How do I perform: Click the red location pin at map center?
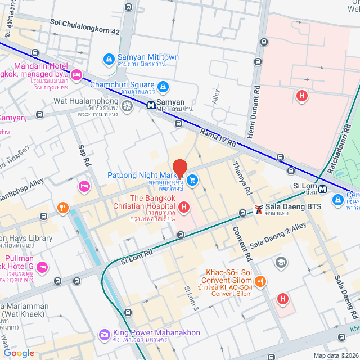click(x=180, y=168)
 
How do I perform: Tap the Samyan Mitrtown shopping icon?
click(x=109, y=58)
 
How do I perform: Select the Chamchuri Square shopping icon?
click(x=163, y=87)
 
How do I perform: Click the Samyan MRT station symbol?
click(x=151, y=105)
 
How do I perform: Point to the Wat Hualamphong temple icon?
click(x=127, y=105)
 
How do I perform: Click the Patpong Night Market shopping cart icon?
click(x=192, y=180)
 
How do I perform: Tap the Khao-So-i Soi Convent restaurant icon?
click(x=260, y=281)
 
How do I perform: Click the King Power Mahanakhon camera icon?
click(x=104, y=335)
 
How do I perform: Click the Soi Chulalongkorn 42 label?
click(x=84, y=23)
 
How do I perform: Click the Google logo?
click(x=19, y=353)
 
